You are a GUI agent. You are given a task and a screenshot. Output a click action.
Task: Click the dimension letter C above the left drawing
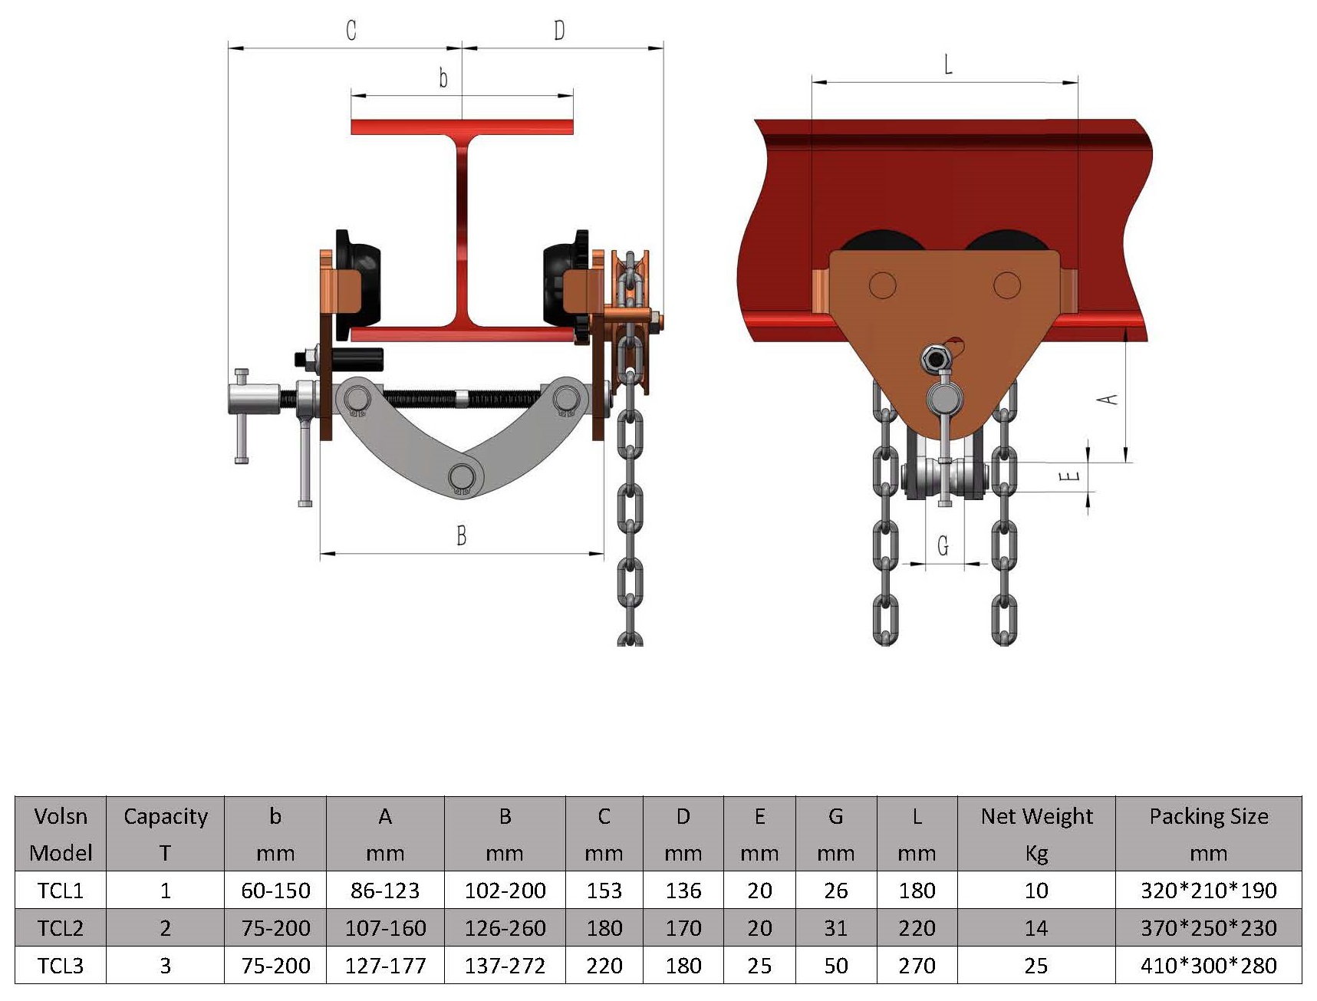[x=351, y=30]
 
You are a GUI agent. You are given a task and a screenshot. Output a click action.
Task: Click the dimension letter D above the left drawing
[x=559, y=30]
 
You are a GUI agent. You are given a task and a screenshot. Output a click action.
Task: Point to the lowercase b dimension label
[x=443, y=77]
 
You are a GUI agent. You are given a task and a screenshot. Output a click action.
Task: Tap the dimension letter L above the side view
[x=948, y=64]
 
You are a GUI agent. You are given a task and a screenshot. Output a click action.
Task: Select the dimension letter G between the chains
[x=943, y=545]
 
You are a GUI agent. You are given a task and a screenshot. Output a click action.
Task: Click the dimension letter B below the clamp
[x=461, y=535]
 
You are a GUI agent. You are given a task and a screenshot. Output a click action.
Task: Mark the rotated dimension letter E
[x=1069, y=476]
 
